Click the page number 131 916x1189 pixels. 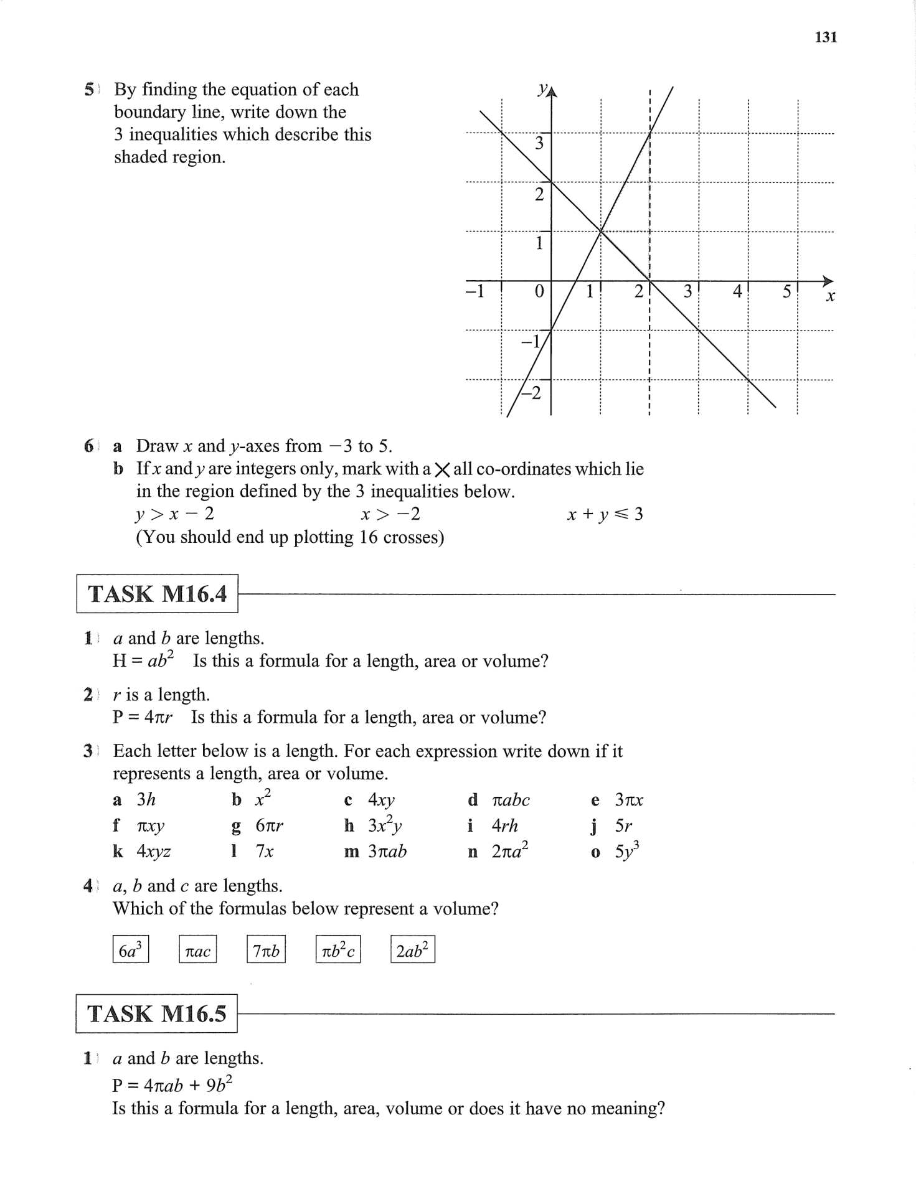826,37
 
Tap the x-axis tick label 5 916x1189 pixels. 786,291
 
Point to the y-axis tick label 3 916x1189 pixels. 539,144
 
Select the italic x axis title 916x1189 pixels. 830,297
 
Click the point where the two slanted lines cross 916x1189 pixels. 601,232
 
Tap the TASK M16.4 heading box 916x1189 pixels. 157,594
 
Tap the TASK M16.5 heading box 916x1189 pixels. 157,1014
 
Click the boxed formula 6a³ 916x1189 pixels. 131,950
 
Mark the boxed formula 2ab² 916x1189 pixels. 412,950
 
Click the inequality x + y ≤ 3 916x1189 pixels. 605,515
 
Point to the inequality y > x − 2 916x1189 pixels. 175,515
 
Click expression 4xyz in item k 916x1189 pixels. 154,852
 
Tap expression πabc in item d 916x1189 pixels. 511,801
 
